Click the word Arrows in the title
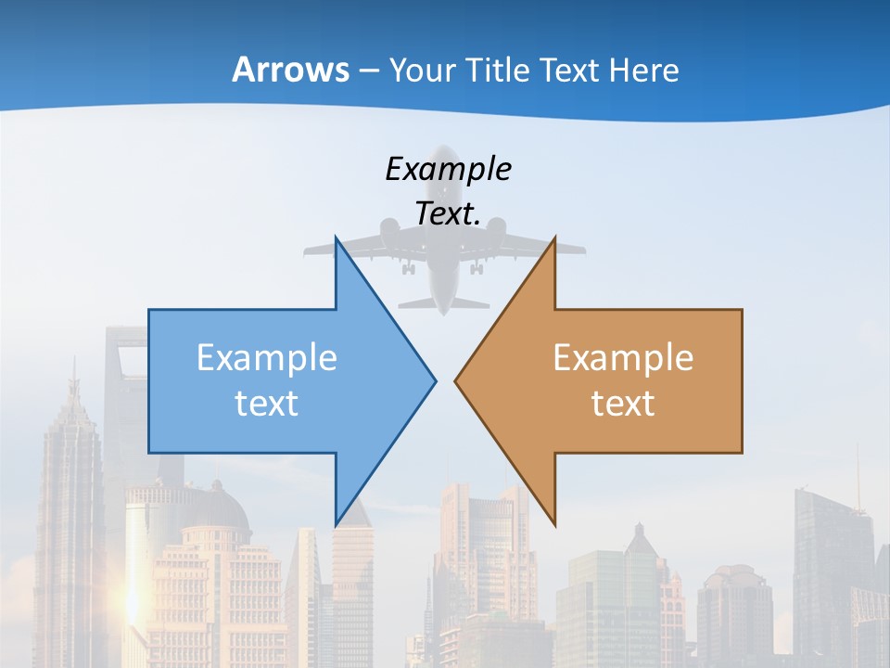[291, 70]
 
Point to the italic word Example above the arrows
[448, 169]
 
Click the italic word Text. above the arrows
[448, 213]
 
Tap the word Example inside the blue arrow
[267, 358]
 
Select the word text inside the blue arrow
[267, 403]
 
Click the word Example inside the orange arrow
[623, 358]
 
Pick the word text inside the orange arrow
[623, 403]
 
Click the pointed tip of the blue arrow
[435, 380]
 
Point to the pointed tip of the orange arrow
[456, 380]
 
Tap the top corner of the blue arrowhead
[337, 239]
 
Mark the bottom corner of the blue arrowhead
[337, 523]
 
